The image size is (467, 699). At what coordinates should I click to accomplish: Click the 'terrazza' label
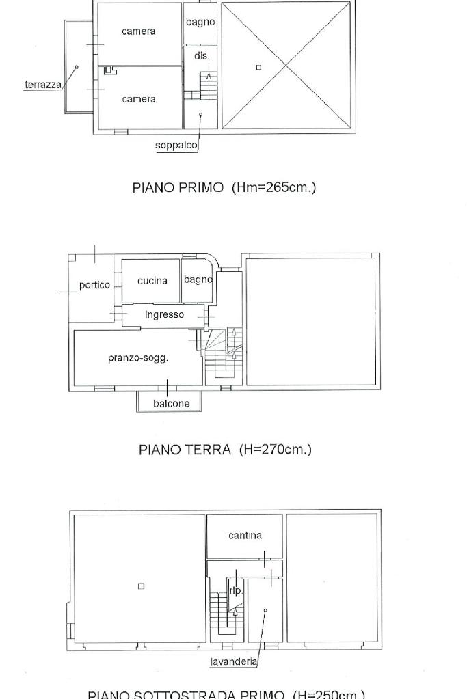(x=42, y=85)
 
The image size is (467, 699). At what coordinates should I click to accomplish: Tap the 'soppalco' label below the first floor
(x=176, y=146)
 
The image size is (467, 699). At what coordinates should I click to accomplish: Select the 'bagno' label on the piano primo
(x=200, y=23)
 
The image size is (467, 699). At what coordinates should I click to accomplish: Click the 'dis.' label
(x=201, y=56)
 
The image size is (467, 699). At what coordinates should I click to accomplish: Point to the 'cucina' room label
(x=152, y=281)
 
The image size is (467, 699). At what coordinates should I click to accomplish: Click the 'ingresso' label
(x=164, y=315)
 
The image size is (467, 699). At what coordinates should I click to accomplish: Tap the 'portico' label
(x=94, y=285)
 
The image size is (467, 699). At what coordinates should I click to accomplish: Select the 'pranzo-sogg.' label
(x=138, y=358)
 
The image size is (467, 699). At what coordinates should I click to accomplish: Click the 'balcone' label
(x=171, y=404)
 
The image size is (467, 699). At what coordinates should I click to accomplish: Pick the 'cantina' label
(x=245, y=536)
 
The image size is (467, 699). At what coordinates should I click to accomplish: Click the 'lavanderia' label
(x=234, y=661)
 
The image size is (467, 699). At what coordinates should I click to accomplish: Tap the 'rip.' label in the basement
(x=235, y=591)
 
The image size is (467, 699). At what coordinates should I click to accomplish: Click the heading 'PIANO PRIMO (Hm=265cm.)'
(x=224, y=187)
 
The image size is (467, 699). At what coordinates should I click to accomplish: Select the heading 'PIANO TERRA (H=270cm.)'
(x=225, y=450)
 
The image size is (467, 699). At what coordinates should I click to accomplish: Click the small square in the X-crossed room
(x=258, y=67)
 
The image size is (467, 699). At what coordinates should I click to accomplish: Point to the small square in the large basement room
(x=141, y=586)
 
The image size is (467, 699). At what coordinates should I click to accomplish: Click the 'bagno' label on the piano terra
(x=198, y=279)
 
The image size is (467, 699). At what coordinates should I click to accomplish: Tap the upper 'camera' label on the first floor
(x=138, y=31)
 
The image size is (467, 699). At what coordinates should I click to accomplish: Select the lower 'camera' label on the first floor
(x=139, y=100)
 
